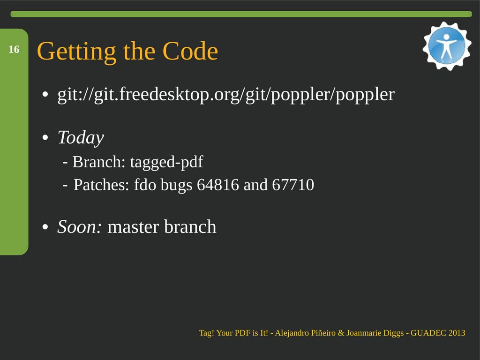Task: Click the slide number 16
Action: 14,49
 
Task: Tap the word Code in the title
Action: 190,51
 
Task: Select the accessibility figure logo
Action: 447,46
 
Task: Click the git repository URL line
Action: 226,95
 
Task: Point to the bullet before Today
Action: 45,138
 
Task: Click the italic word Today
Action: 81,138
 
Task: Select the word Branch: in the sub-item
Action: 99,162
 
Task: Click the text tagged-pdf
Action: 166,162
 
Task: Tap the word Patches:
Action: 101,185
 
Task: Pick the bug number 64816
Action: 217,185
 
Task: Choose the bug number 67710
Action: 293,185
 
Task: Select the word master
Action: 134,227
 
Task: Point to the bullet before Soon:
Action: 45,227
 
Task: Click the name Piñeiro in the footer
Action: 323,333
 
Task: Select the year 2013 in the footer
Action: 457,333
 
